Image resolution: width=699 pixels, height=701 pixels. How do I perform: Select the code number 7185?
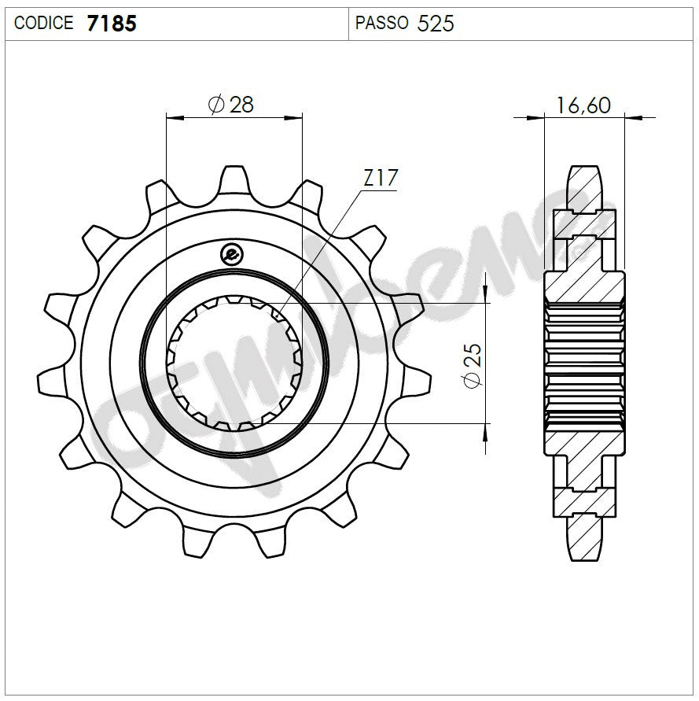point(111,23)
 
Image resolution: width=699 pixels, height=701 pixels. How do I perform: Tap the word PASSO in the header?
point(381,23)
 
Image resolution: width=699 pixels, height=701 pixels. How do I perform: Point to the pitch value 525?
point(436,23)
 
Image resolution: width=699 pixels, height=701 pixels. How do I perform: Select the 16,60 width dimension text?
point(583,105)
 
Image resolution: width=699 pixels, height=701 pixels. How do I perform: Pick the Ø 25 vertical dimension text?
point(471,363)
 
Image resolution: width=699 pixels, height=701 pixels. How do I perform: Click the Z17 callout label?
point(381,179)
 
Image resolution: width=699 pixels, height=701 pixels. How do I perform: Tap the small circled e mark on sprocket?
point(232,253)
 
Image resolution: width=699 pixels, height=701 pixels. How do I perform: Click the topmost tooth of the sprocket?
point(234,177)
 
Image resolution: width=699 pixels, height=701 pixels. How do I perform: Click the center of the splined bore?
point(234,363)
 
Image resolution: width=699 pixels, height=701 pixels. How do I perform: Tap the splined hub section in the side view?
point(585,363)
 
